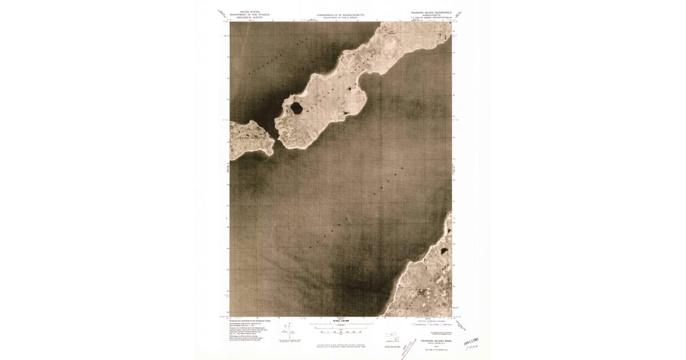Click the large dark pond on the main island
pos(297,106)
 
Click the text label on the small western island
pos(250,138)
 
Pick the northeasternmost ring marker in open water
pos(402,168)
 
